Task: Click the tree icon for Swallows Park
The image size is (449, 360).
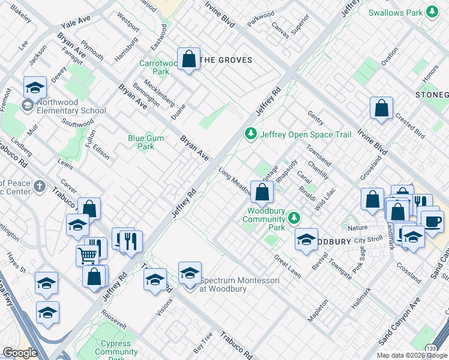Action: tap(431, 12)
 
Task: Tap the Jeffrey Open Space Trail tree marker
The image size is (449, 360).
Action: tap(251, 134)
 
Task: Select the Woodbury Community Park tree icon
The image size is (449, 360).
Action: tap(294, 217)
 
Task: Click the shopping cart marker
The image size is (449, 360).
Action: tap(87, 256)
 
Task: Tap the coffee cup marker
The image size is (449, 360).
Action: tap(432, 221)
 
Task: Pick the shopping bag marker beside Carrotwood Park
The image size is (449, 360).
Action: tap(189, 59)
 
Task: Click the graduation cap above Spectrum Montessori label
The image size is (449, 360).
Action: tap(190, 274)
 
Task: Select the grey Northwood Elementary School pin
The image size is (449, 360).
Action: tap(27, 106)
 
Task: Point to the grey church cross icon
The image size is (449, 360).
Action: tap(40, 187)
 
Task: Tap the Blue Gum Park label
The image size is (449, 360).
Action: tap(145, 142)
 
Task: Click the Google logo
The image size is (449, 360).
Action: tap(19, 352)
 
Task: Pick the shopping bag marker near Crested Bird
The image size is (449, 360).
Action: tap(381, 109)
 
